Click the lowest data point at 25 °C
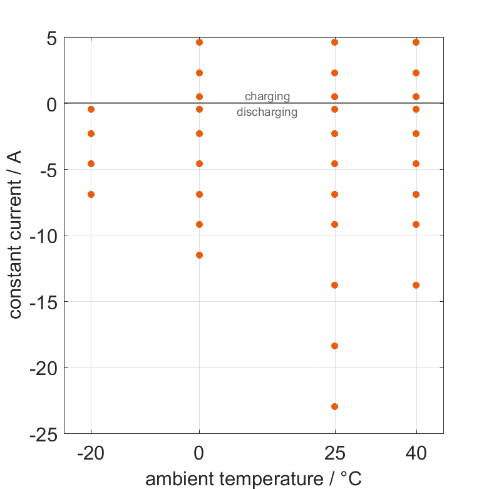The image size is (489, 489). pos(334,406)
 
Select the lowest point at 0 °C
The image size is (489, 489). pos(199,255)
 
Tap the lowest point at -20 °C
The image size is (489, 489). pos(91,194)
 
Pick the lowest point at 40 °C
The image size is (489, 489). pos(416,285)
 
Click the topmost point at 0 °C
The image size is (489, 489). pos(199,42)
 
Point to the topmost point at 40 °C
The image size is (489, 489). pos(416,42)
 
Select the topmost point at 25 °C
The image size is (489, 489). pos(334,42)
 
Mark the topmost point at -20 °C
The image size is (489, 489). pos(91,109)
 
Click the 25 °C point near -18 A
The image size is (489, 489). pos(334,346)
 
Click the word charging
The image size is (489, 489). pos(267,96)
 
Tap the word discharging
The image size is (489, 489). pos(267,113)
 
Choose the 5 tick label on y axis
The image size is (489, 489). pos(51,38)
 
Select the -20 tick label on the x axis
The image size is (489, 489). pos(91,453)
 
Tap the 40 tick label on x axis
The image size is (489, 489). pos(416,453)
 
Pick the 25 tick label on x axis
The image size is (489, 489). pos(334,453)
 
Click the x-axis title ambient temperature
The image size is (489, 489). pos(254,479)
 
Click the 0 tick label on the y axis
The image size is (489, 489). pos(51,104)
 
